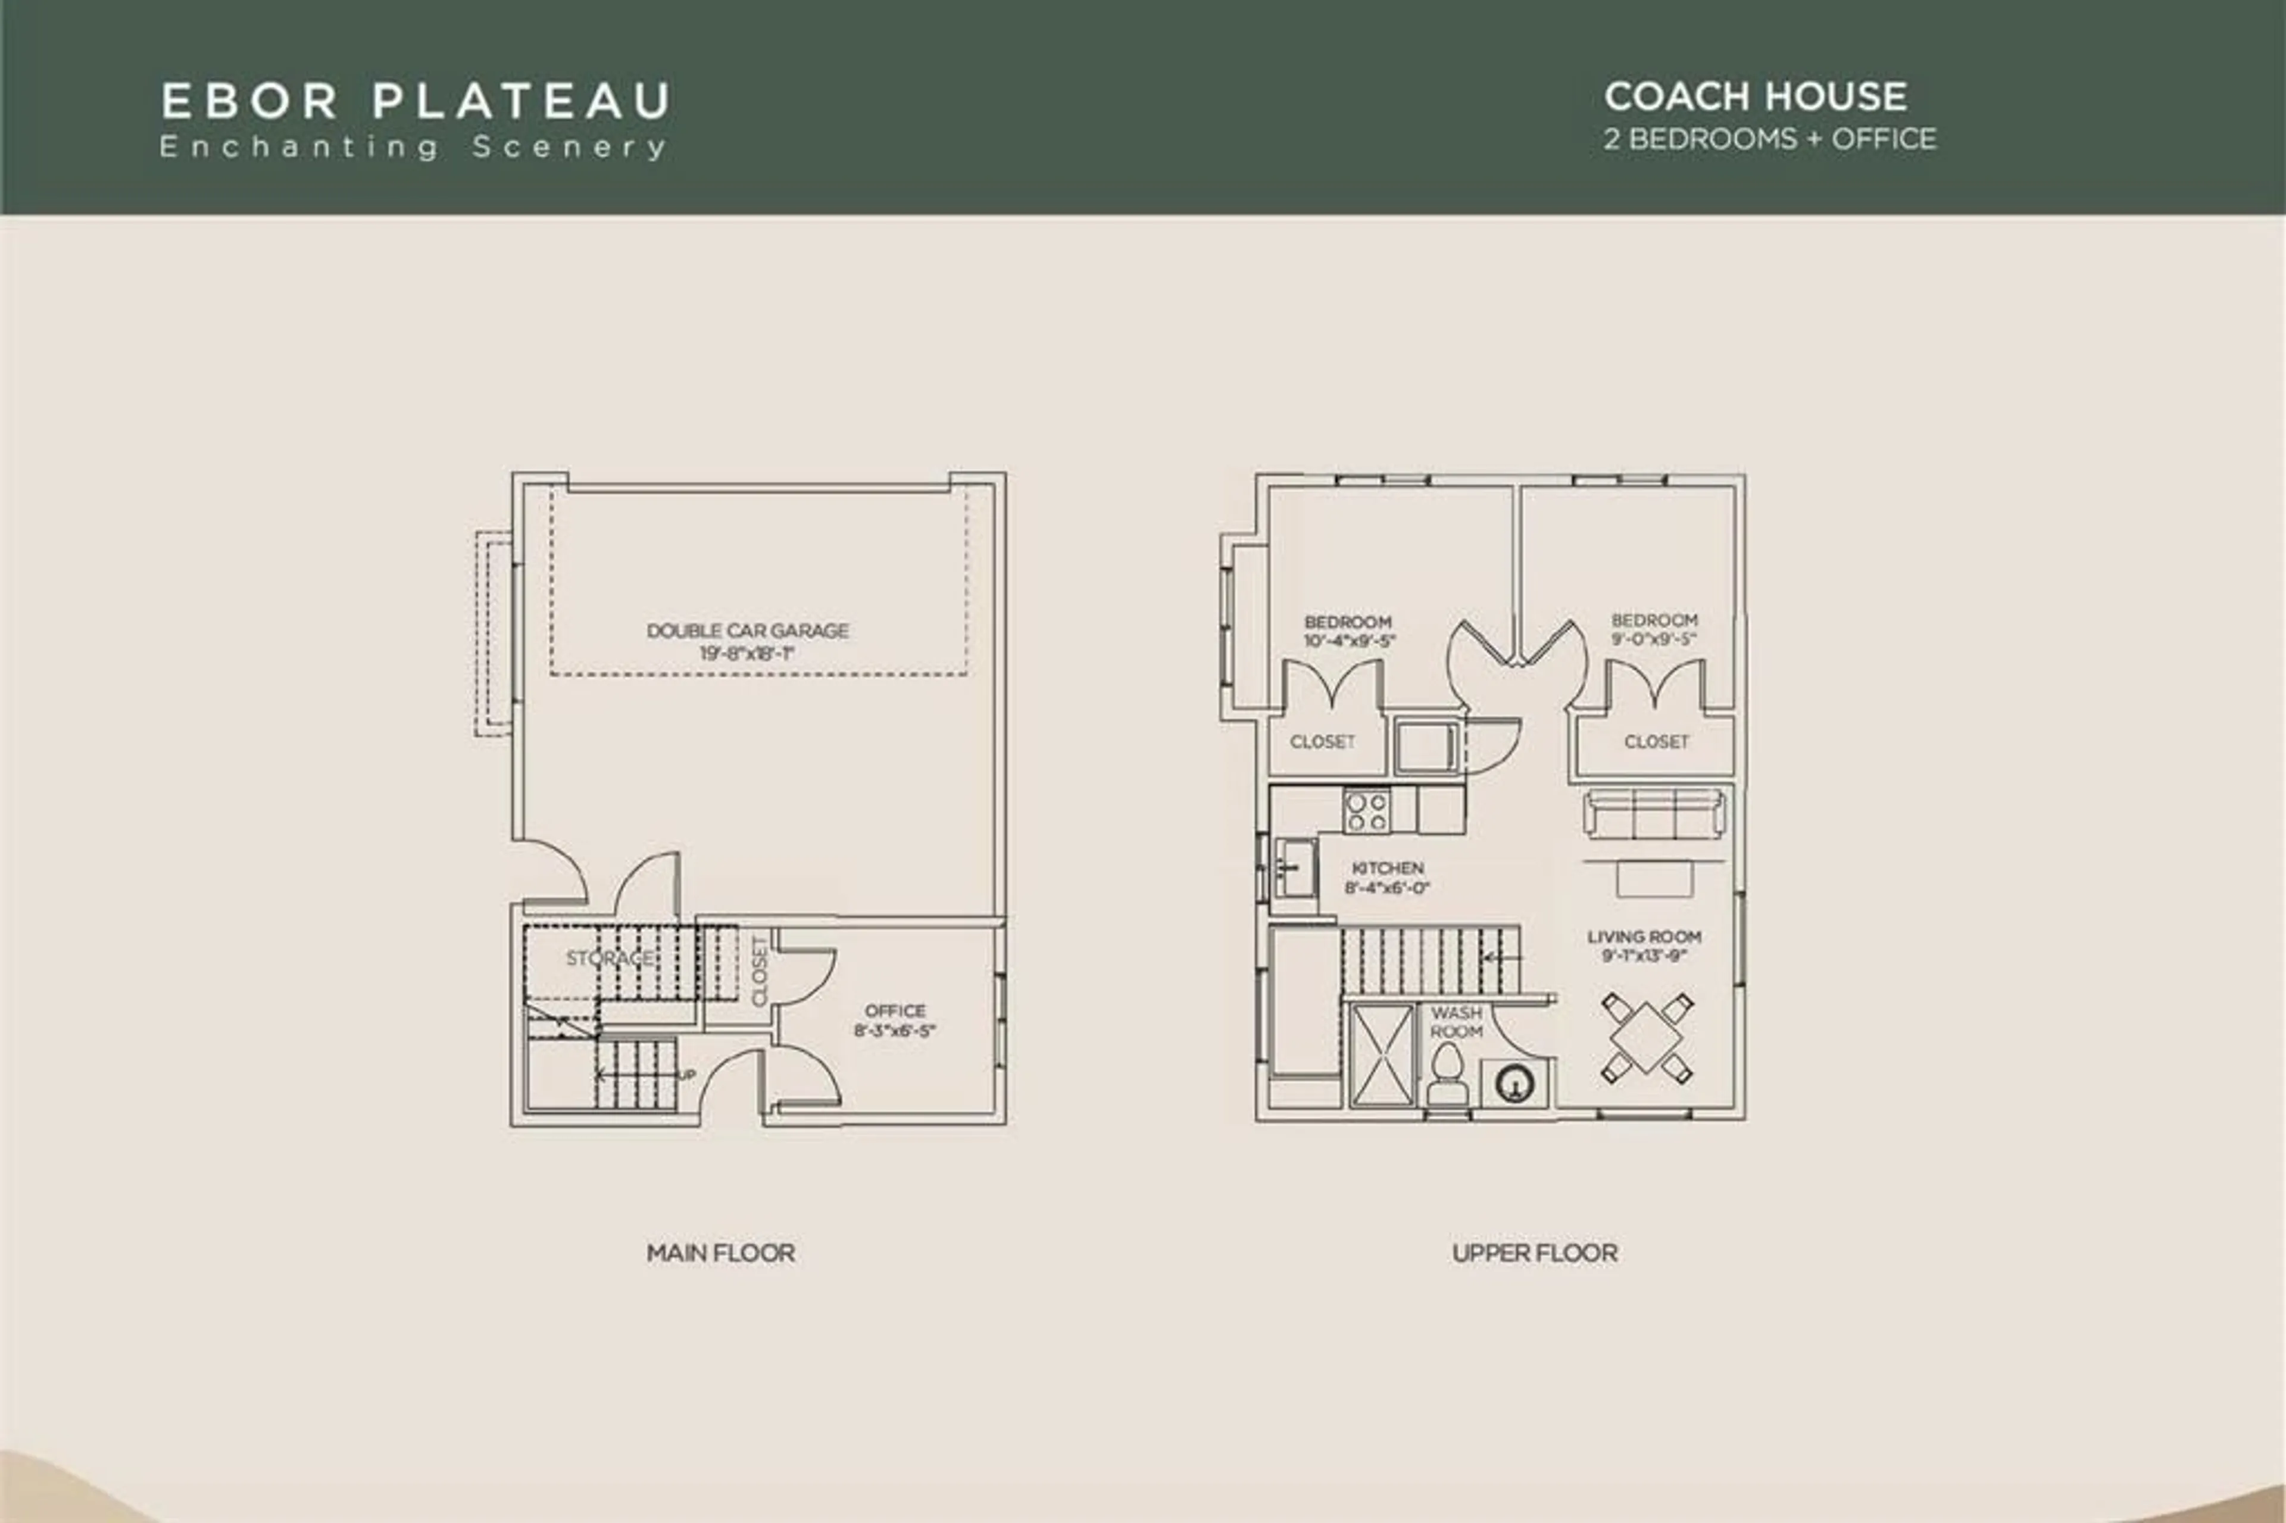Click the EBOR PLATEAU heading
coord(415,101)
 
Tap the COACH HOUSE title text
coord(1755,96)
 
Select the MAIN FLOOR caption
coord(720,1253)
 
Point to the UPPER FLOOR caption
coord(1534,1253)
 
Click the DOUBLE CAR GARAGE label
coord(748,631)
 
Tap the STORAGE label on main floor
coord(610,959)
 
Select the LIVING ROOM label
coord(1644,937)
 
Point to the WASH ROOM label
coord(1456,1022)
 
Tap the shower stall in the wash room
coord(1382,1054)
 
